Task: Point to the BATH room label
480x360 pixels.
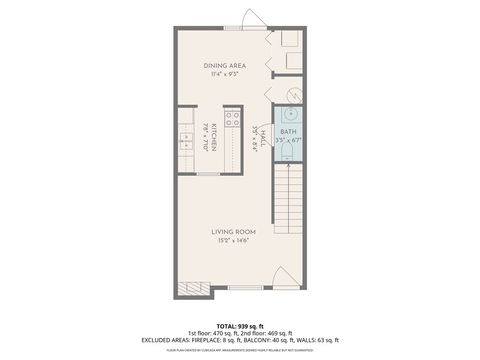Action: click(288, 132)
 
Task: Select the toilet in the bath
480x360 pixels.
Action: click(288, 155)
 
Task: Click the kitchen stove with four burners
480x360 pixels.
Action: click(233, 122)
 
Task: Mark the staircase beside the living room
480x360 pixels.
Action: click(289, 200)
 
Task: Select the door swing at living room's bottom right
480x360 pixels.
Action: click(283, 277)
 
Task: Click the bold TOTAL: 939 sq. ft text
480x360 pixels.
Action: click(240, 326)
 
